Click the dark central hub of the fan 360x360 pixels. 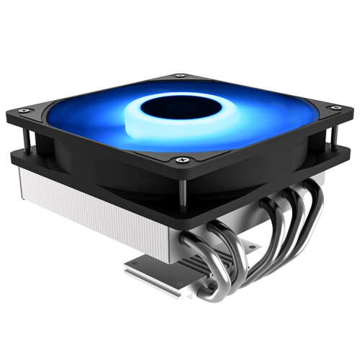tap(171, 108)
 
